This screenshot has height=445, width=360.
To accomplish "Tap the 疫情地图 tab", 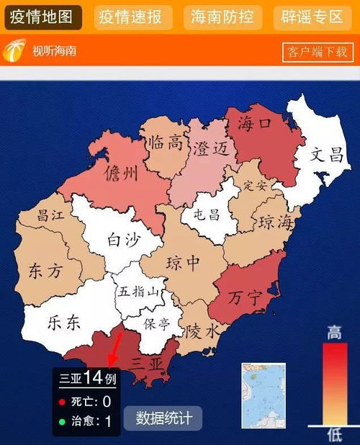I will [x=42, y=17].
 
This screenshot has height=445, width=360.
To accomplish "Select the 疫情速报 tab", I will [x=133, y=17].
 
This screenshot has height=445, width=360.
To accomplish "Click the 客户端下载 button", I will [x=317, y=52].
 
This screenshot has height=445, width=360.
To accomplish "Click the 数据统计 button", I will [x=163, y=418].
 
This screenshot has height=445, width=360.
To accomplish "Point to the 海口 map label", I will [x=256, y=124].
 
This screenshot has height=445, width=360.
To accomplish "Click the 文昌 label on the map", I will [x=326, y=154].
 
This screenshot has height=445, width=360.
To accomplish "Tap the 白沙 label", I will [x=123, y=239].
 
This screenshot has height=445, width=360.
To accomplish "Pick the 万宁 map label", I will [x=245, y=297].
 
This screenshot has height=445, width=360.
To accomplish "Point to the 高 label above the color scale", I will [x=334, y=332].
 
